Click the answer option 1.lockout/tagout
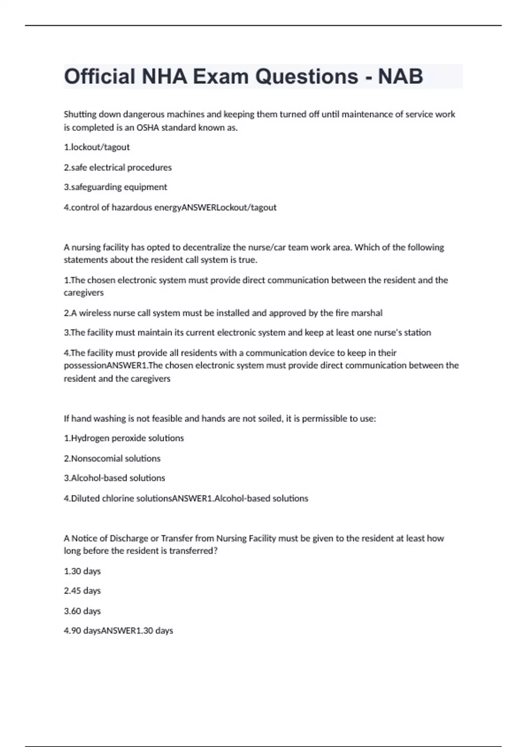point(97,147)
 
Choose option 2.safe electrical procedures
point(118,167)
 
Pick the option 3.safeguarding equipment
point(116,187)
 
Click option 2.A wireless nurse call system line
point(223,313)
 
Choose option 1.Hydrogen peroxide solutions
point(124,438)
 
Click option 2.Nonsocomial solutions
point(112,458)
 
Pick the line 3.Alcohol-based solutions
point(114,478)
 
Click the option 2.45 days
point(82,591)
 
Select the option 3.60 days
point(82,611)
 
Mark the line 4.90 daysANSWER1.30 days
point(118,631)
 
